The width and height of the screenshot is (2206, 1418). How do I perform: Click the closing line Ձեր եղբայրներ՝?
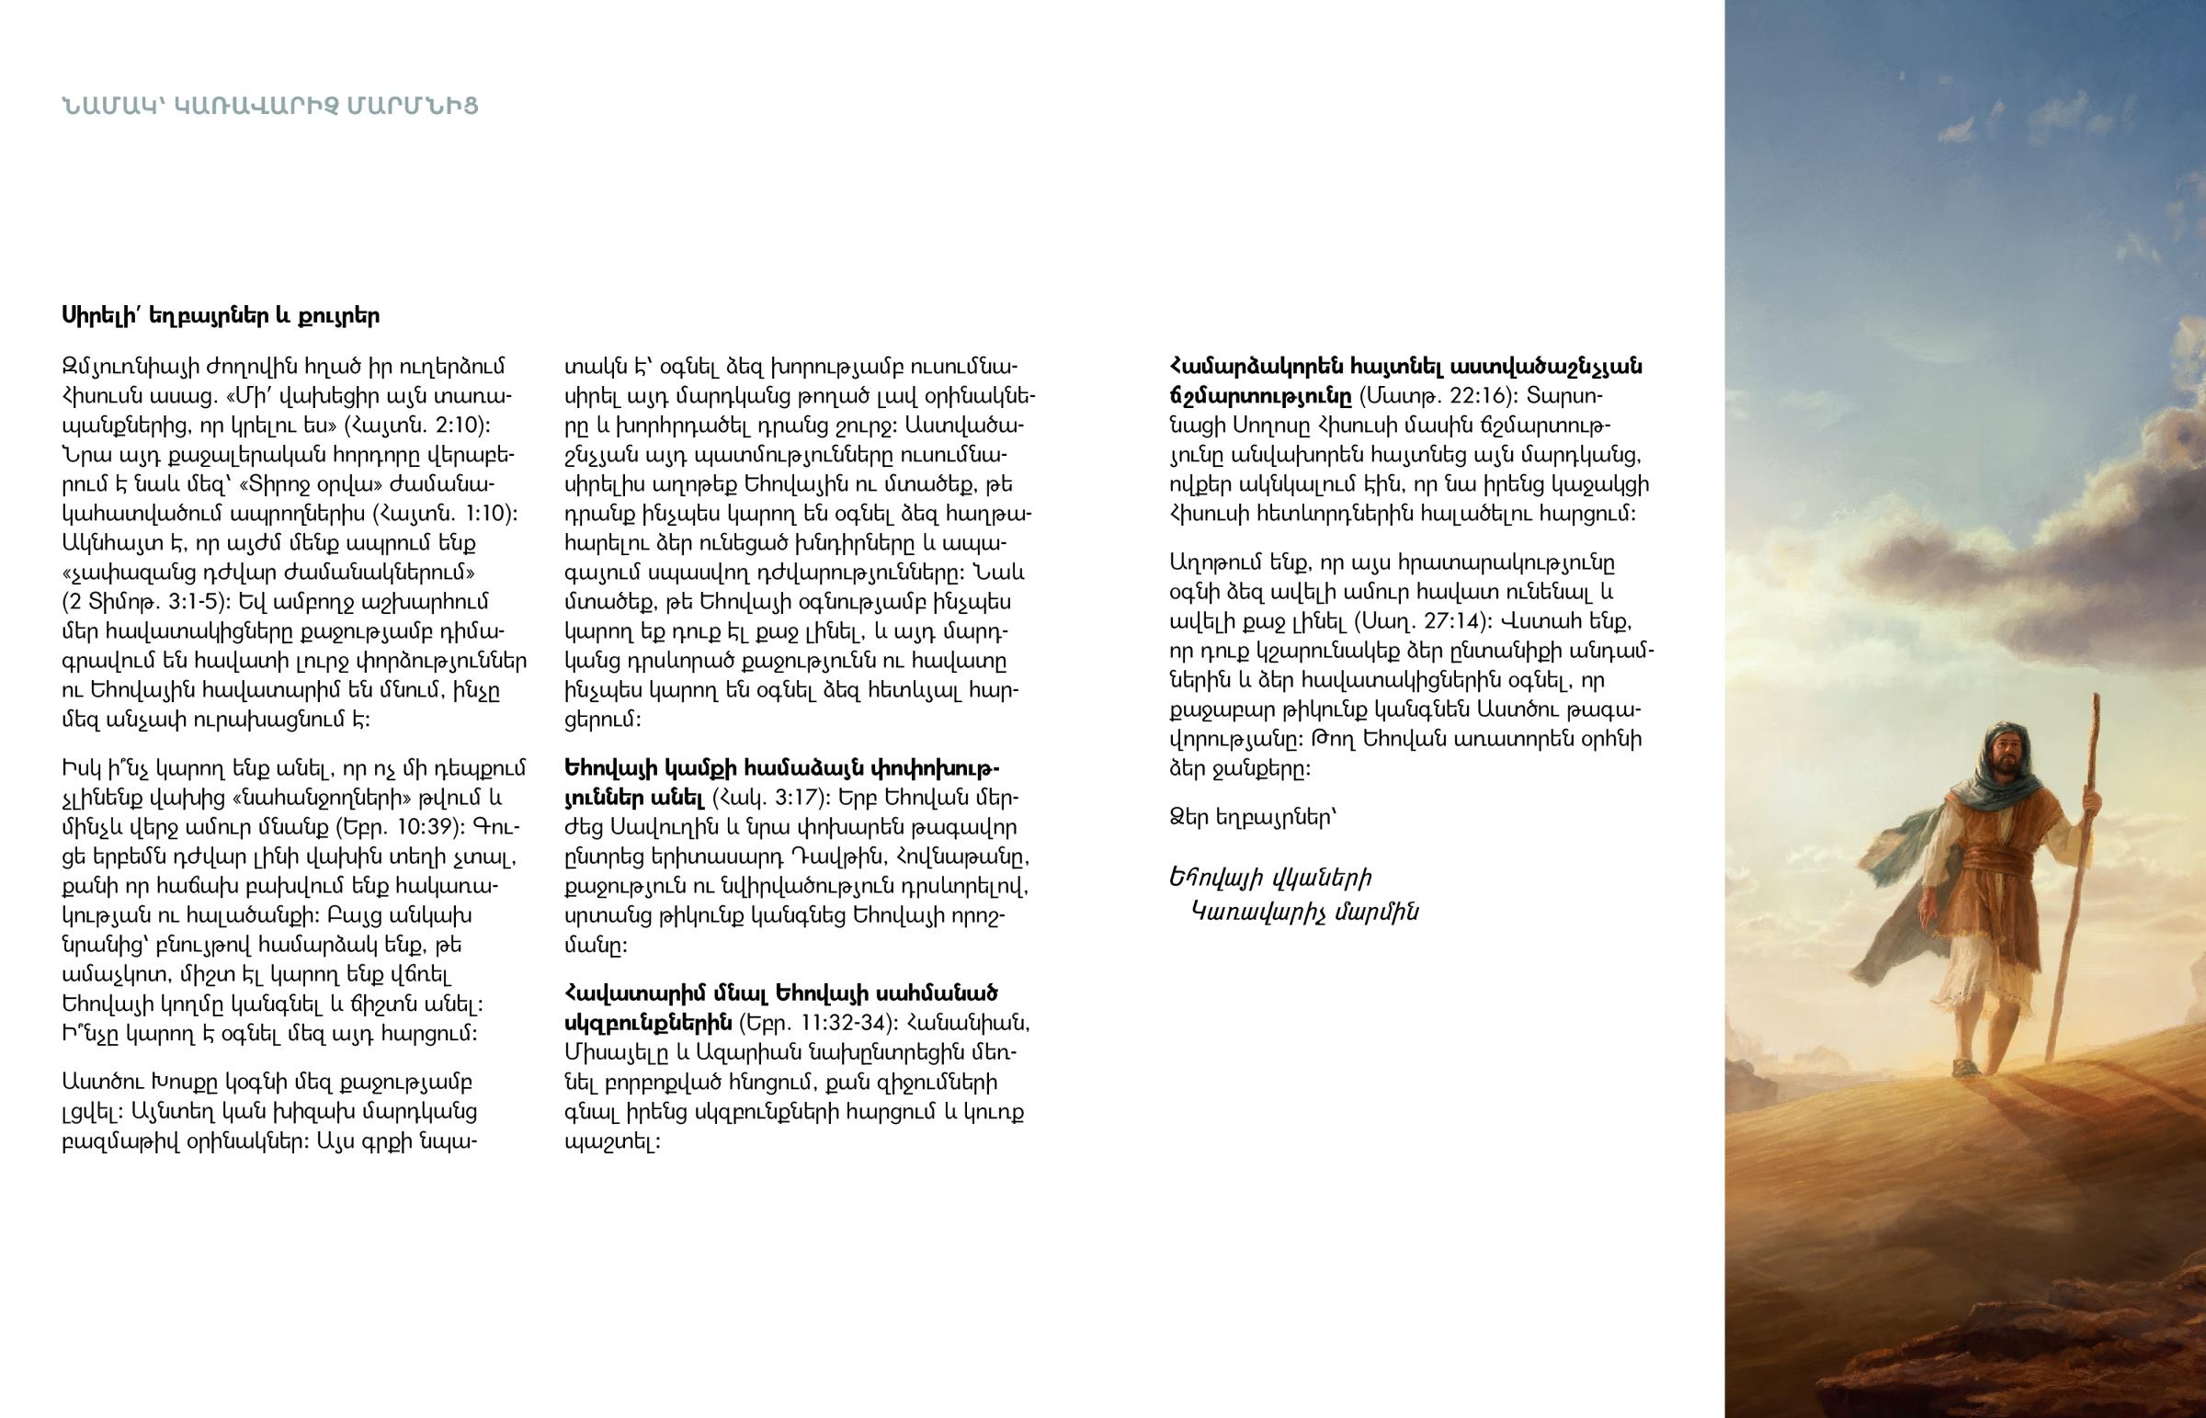pyautogui.click(x=1252, y=818)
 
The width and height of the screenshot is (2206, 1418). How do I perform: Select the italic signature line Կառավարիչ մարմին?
pyautogui.click(x=1304, y=913)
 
